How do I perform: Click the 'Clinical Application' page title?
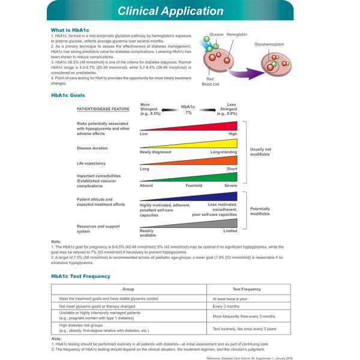coord(170,11)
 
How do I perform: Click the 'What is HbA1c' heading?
coord(70,30)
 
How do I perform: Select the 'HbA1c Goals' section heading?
coord(68,95)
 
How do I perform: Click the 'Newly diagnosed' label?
coord(155,152)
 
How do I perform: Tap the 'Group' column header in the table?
coord(128,289)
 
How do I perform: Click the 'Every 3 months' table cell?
coord(226,306)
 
